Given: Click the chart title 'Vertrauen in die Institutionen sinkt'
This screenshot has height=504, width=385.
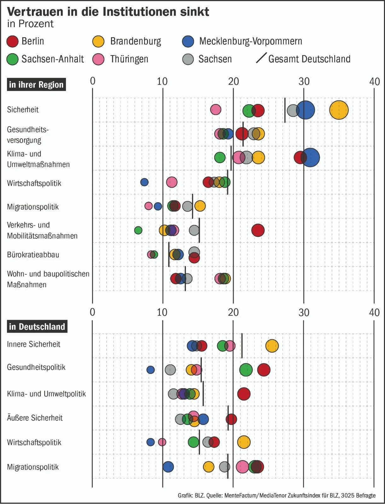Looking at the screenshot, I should tap(108, 12).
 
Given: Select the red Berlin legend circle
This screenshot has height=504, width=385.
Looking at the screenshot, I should tap(13, 41).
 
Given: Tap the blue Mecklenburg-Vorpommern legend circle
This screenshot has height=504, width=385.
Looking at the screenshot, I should tap(188, 41).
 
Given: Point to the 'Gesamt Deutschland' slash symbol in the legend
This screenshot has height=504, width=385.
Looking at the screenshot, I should tap(261, 58).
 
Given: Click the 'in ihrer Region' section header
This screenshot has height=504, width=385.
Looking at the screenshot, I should tap(36, 85).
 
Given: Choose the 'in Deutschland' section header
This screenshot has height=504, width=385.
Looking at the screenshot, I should tap(37, 327).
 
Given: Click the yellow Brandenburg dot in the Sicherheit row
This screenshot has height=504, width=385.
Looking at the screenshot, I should tap(339, 110).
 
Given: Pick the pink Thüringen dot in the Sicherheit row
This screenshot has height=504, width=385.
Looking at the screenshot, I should tap(216, 110).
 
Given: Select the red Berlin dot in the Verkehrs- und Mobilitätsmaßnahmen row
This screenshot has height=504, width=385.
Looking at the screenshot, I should tap(258, 230).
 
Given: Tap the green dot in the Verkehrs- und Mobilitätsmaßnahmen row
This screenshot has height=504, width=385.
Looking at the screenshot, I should tap(138, 230).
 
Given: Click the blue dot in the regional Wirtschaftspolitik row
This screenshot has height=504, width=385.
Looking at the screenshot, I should tap(144, 182).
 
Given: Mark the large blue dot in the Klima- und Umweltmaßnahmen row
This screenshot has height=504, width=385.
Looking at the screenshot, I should tap(311, 157).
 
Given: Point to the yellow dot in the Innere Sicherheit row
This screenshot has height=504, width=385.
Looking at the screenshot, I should tap(272, 346).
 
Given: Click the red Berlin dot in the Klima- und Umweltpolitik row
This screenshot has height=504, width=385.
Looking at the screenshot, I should tap(244, 394).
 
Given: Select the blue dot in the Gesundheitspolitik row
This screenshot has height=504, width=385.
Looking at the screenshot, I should tap(151, 370).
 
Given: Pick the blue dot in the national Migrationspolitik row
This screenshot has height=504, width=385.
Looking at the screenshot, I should tap(168, 467).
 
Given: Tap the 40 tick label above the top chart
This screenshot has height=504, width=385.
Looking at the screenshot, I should tap(375, 82).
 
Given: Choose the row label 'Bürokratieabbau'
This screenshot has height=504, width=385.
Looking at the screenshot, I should tap(33, 255).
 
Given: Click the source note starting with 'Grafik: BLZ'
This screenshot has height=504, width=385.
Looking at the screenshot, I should tap(277, 495).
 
